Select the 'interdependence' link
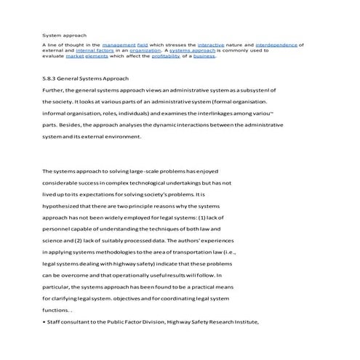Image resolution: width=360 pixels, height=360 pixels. pos(277,45)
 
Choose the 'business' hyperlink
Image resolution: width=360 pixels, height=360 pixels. pos(225,56)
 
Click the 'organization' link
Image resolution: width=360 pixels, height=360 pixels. pos(145,50)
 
